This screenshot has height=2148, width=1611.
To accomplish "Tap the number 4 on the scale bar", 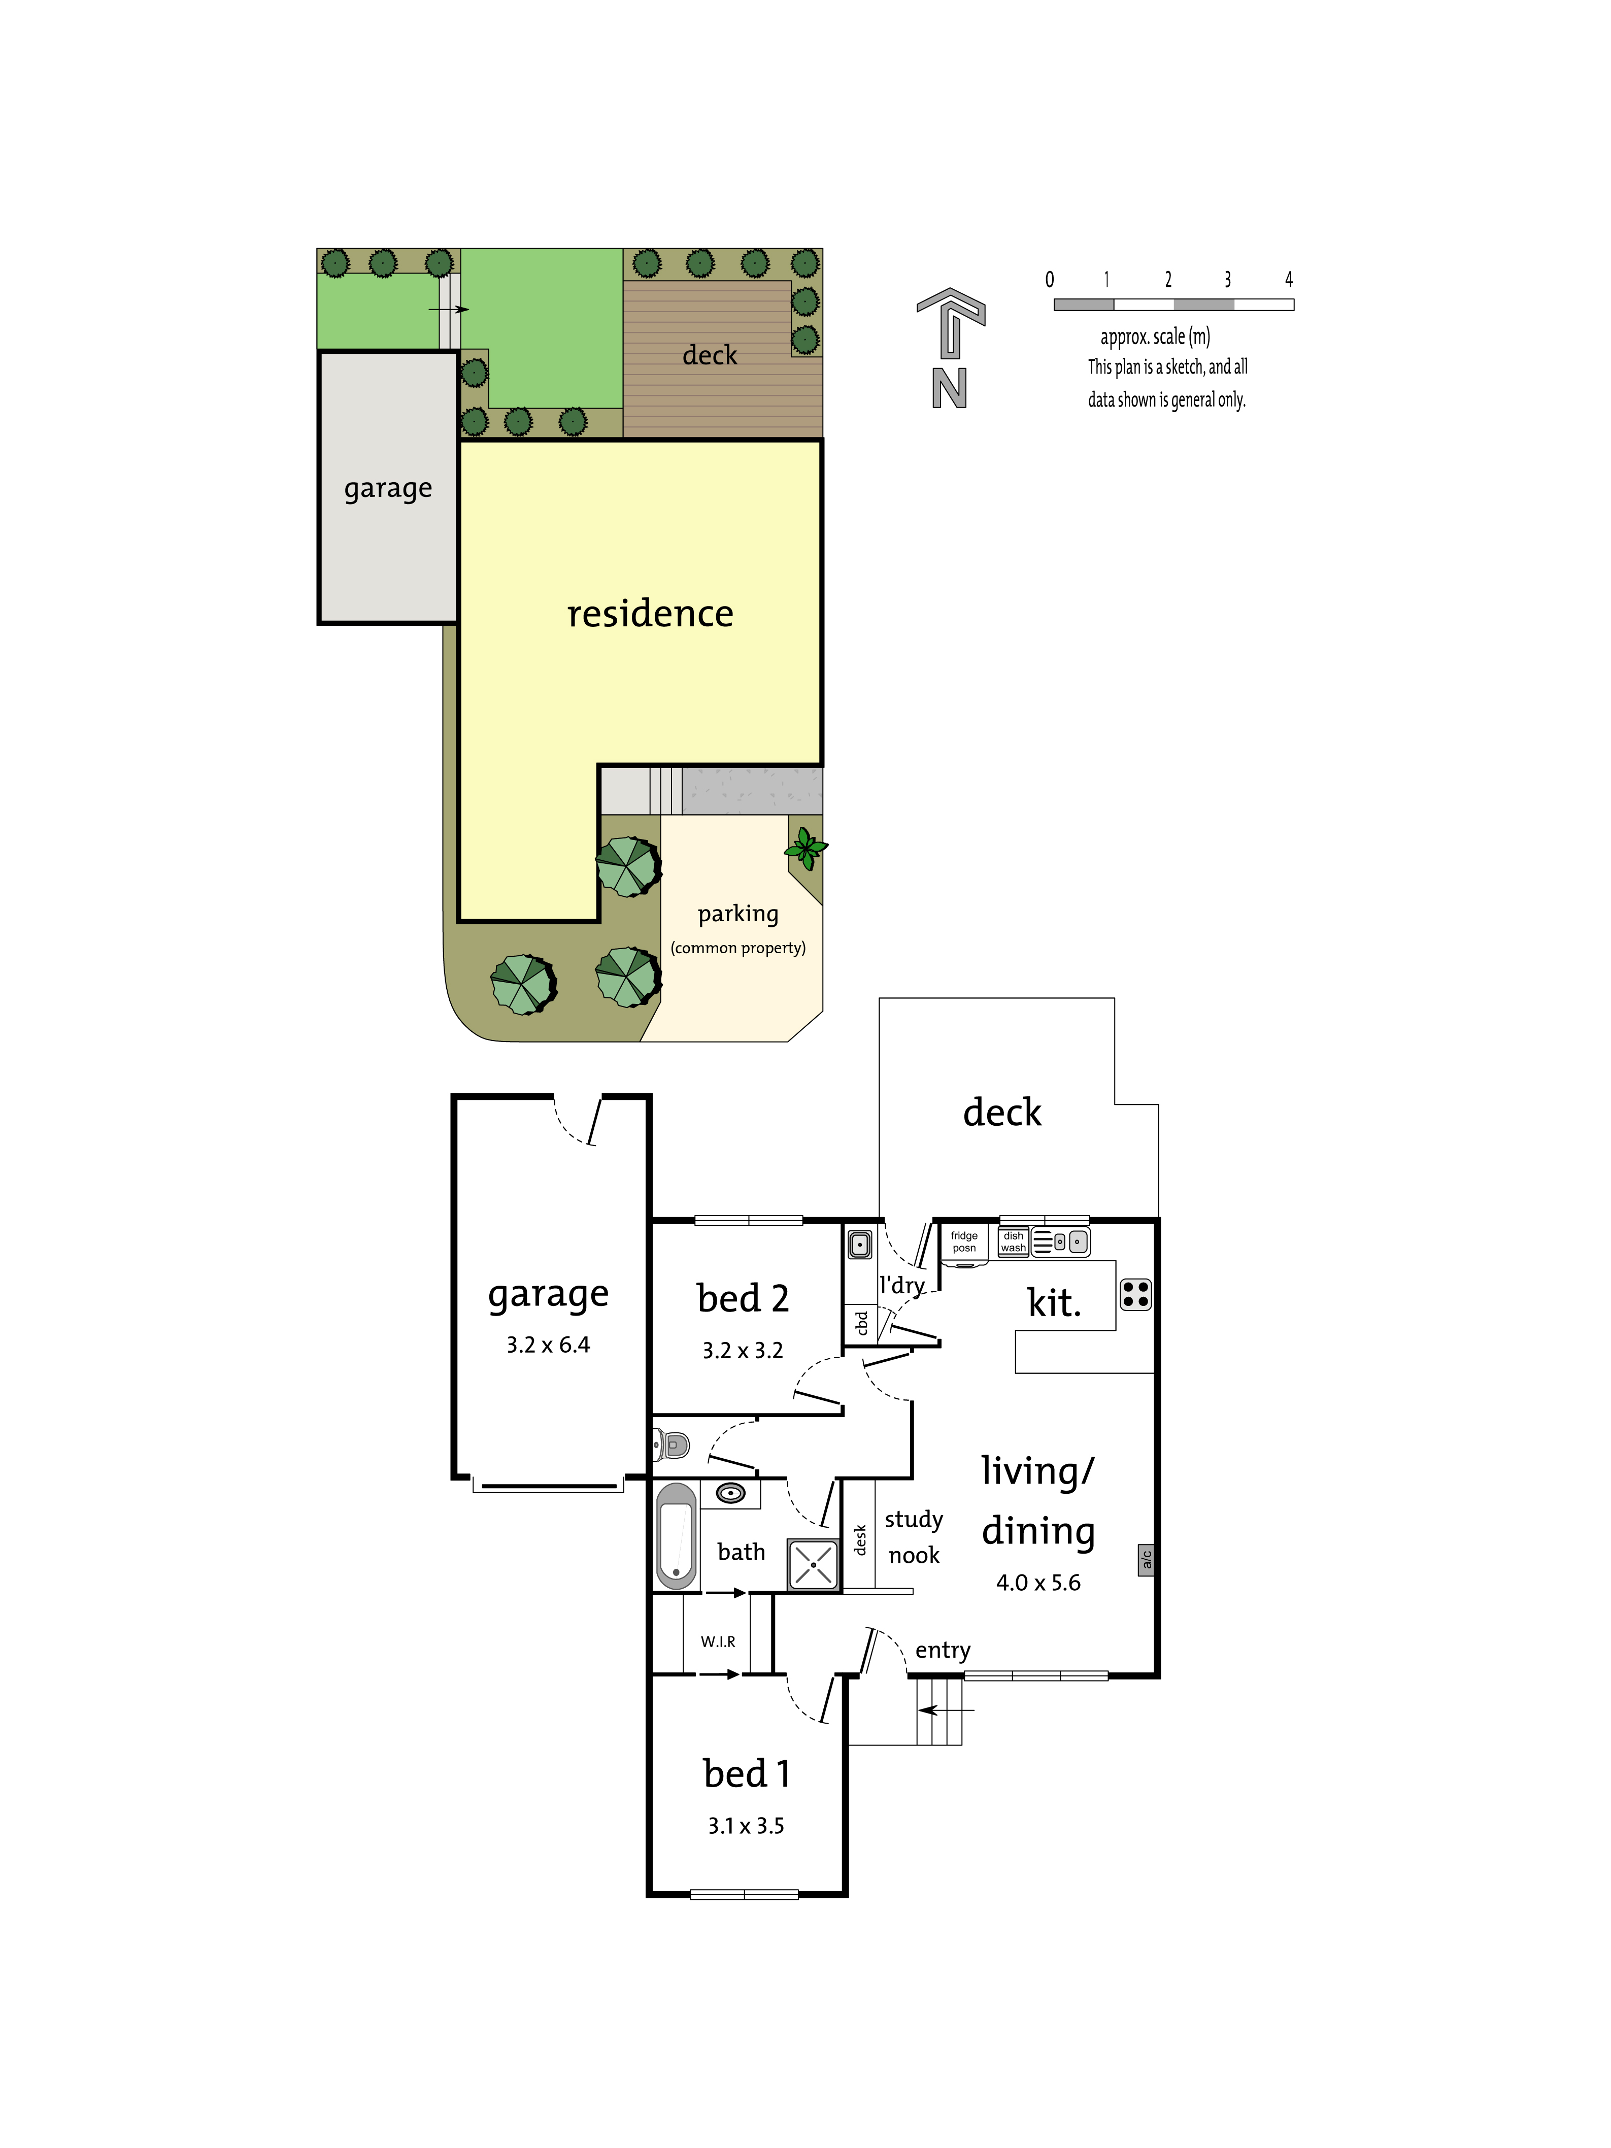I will point(1289,280).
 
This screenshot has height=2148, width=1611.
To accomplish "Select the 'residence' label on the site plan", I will point(650,614).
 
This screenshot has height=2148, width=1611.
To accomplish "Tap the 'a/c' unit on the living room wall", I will point(1146,1560).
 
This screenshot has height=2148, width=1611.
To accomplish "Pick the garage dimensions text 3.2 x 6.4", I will point(548,1345).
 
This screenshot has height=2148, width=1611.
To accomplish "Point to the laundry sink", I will point(859,1244).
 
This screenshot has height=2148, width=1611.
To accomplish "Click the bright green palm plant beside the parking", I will point(805,848).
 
